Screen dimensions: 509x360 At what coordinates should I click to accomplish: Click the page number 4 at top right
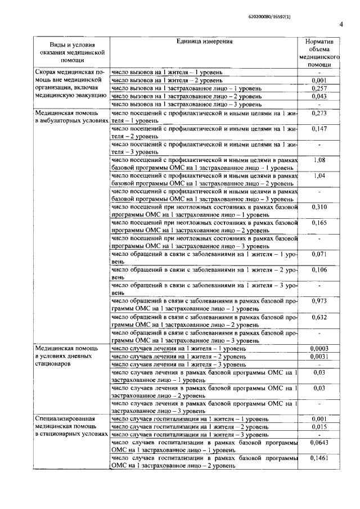(x=341, y=24)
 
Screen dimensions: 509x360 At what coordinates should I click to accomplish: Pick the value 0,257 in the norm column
(x=319, y=88)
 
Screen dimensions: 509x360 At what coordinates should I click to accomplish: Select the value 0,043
(x=319, y=97)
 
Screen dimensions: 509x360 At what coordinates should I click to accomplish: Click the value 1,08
(x=319, y=160)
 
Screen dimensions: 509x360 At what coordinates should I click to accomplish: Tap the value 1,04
(x=319, y=176)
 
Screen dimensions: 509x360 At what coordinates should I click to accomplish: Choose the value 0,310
(x=319, y=208)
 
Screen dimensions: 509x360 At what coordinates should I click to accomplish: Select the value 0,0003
(x=319, y=349)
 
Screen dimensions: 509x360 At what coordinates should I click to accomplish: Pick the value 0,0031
(x=319, y=357)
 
